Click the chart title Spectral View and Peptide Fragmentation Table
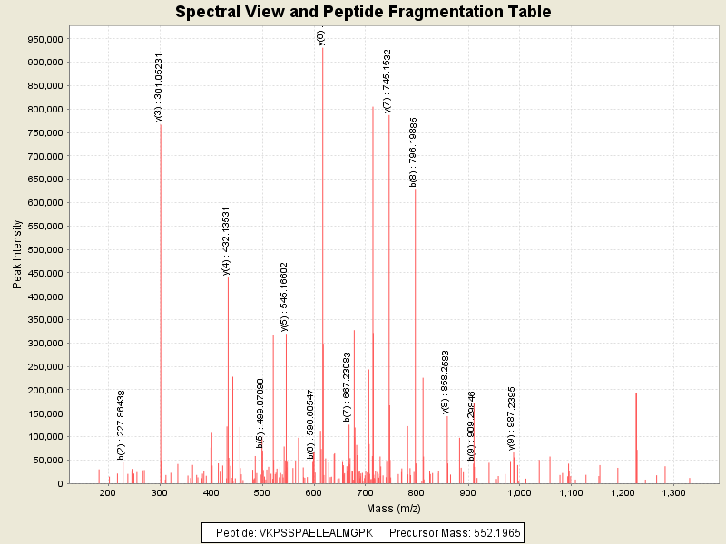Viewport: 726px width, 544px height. point(363,12)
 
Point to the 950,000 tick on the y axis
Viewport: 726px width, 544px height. point(43,39)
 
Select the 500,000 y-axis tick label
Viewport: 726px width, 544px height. point(43,249)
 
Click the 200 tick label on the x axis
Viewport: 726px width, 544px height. point(108,492)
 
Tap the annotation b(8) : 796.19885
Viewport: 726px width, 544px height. point(414,151)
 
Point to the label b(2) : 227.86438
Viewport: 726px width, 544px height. point(122,424)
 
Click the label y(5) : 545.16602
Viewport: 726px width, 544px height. point(284,297)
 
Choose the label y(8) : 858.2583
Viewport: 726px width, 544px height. point(446,382)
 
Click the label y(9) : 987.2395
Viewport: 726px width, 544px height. point(512,418)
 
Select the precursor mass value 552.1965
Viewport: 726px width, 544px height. point(492,532)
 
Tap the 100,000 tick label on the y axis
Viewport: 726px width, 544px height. point(43,436)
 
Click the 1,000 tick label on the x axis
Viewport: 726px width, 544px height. point(519,492)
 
